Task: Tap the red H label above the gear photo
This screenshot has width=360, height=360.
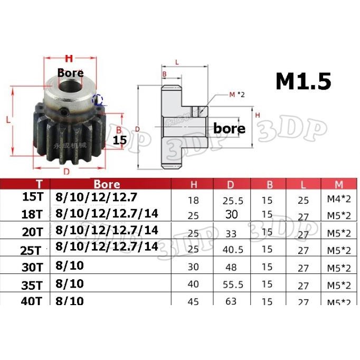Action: pyautogui.click(x=68, y=59)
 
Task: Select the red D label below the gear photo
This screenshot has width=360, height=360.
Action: pyautogui.click(x=67, y=172)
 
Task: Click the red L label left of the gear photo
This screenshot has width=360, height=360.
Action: pyautogui.click(x=9, y=120)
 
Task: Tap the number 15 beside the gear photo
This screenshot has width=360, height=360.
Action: pyautogui.click(x=120, y=140)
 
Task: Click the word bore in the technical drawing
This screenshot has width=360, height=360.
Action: pyautogui.click(x=229, y=128)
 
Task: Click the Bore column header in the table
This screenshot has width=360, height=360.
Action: pyautogui.click(x=107, y=184)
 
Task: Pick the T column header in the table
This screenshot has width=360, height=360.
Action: pyautogui.click(x=39, y=184)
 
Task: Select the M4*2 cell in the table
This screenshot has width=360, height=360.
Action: pyautogui.click(x=337, y=201)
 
